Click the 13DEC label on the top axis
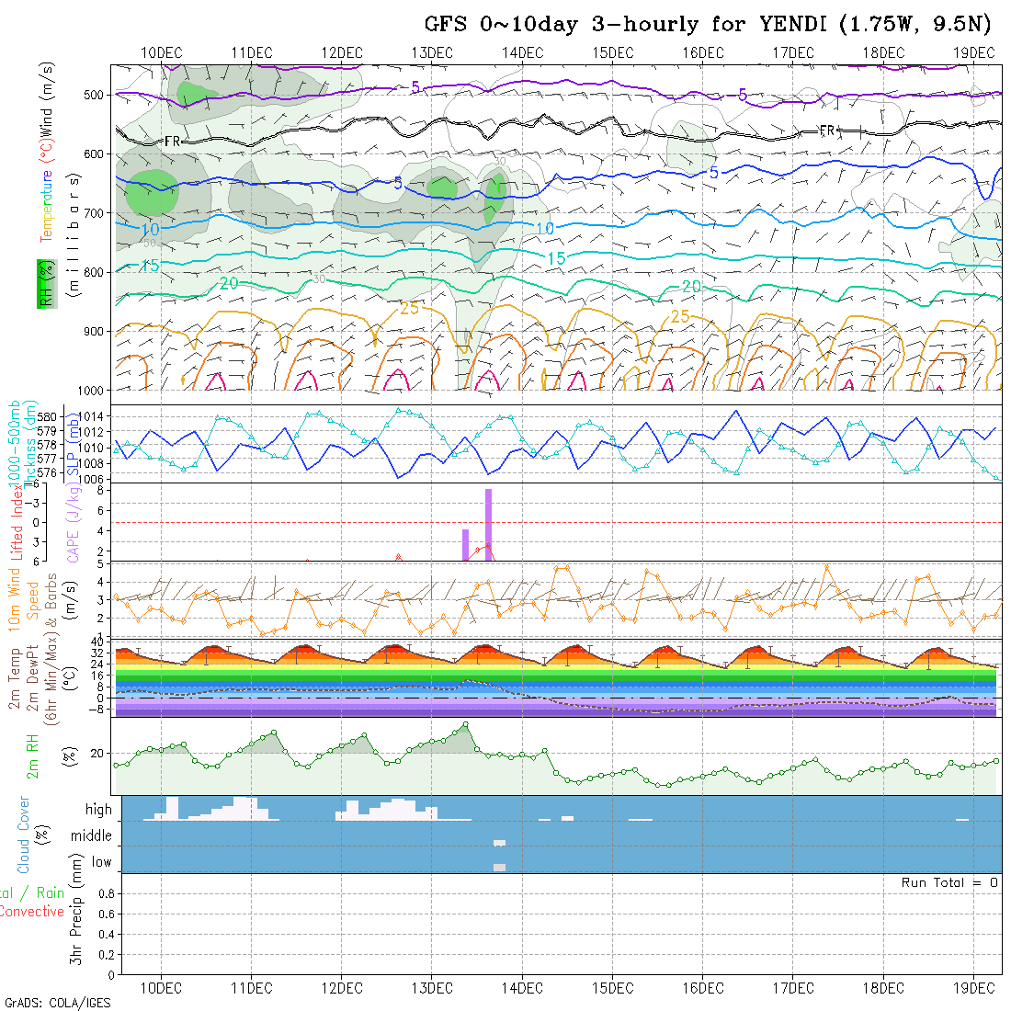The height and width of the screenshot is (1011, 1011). click(432, 52)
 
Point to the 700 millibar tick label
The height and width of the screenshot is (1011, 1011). click(96, 212)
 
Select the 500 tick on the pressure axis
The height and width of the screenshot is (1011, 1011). click(96, 95)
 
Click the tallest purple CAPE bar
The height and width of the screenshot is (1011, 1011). click(489, 523)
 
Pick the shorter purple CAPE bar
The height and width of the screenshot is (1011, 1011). click(466, 544)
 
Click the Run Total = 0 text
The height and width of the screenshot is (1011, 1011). click(949, 882)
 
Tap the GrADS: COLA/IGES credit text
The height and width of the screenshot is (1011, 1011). click(57, 1003)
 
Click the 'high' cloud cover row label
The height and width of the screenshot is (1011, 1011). click(98, 810)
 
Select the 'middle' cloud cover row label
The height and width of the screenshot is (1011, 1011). click(92, 836)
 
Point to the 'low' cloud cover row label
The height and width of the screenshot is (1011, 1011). click(101, 862)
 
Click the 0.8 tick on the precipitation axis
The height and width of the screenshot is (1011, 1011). click(105, 893)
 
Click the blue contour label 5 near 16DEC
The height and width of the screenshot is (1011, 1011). click(713, 173)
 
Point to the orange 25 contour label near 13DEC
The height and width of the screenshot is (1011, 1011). click(409, 308)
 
